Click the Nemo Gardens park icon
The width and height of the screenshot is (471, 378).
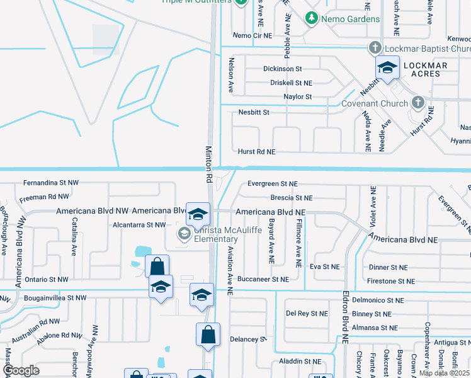coord(310,19)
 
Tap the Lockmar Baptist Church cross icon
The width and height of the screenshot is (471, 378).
coord(375,49)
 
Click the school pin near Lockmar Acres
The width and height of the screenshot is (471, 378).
coord(387,68)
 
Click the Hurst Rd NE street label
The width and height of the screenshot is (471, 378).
coord(256,152)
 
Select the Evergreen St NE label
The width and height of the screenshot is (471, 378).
coord(272,184)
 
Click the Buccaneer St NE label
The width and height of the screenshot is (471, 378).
coord(263,279)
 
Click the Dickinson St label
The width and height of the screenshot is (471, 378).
coord(283,68)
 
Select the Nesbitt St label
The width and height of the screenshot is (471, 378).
coord(254,112)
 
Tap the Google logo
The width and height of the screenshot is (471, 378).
coord(21,370)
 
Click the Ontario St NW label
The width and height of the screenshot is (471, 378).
coord(46,279)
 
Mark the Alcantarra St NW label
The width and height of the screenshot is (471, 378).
coord(139,224)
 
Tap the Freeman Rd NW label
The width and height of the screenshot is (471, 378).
coord(44,197)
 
